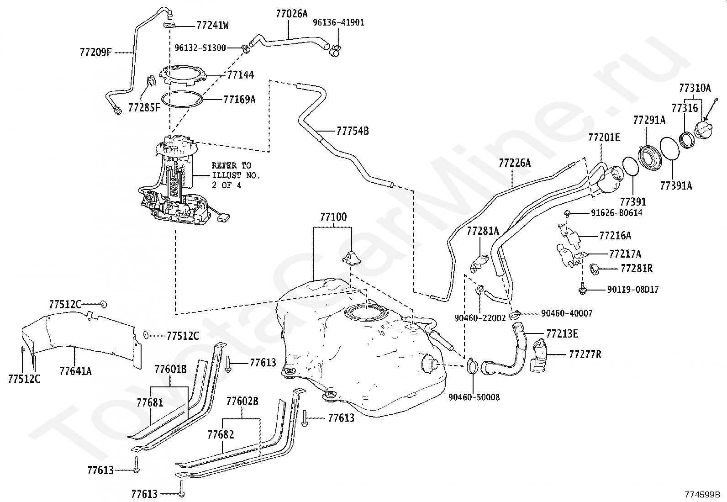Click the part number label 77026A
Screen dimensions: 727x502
(291, 14)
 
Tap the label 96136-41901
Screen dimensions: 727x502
(338, 23)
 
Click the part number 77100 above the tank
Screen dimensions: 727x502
(333, 217)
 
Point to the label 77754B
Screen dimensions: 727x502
(353, 131)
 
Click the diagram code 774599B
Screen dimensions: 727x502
(702, 494)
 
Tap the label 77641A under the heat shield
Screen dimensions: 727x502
(76, 371)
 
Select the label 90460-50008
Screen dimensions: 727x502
(474, 397)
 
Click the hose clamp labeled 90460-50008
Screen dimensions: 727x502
(472, 365)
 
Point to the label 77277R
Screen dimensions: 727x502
(585, 354)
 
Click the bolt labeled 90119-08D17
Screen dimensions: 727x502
(583, 290)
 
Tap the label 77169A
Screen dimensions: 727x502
(239, 100)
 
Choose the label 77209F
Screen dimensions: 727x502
(96, 52)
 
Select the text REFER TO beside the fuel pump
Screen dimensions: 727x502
(232, 166)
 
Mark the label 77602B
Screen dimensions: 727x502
(242, 401)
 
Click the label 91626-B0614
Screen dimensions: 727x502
(616, 213)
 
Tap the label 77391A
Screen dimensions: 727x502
(676, 185)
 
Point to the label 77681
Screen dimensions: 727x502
(150, 402)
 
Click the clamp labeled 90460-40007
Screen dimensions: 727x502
(515, 314)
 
